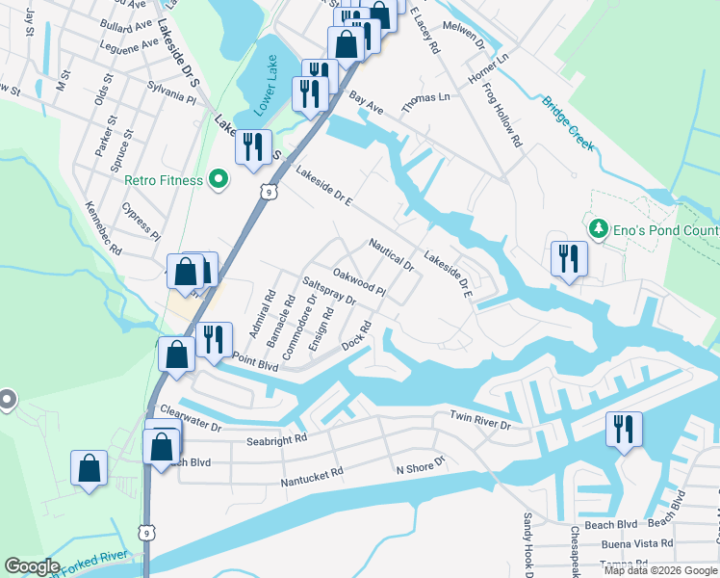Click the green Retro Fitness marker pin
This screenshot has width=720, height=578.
[219, 179]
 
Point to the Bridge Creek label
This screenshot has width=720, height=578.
[567, 122]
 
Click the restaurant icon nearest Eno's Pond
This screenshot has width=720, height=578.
[567, 259]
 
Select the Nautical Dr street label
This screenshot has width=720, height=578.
[391, 255]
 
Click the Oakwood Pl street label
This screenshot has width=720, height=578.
[359, 282]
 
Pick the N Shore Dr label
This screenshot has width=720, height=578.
[422, 464]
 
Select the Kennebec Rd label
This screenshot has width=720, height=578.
[103, 228]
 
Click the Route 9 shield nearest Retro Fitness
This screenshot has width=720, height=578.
[271, 193]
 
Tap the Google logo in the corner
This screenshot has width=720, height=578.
[32, 566]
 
